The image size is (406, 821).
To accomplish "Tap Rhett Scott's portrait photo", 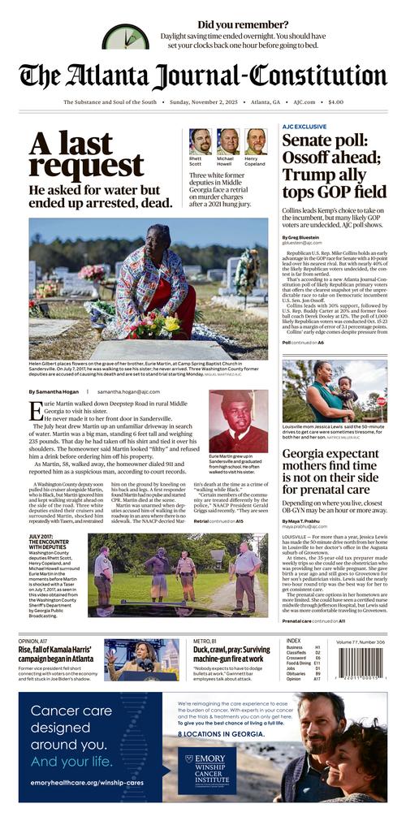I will pyautogui.click(x=200, y=140).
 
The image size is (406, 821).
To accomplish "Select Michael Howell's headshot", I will pyautogui.click(x=227, y=140).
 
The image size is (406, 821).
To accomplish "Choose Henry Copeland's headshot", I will pyautogui.click(x=256, y=140).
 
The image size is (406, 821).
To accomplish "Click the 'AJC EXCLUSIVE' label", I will pyautogui.click(x=304, y=127).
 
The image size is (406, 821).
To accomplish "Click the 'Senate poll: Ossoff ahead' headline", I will pyautogui.click(x=334, y=166).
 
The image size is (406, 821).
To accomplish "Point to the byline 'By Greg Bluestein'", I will pyautogui.click(x=304, y=237).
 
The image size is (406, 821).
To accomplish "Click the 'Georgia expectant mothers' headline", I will pyautogui.click(x=334, y=473).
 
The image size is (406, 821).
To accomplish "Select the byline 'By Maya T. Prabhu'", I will pyautogui.click(x=306, y=521).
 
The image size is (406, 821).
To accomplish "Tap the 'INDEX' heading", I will pyautogui.click(x=293, y=641).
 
